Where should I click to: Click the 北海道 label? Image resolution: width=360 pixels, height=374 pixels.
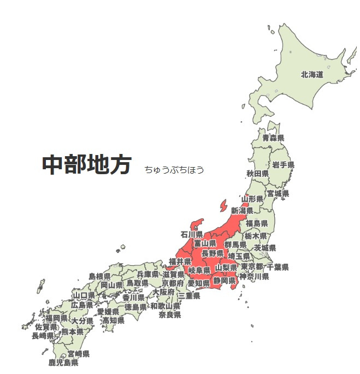pyautogui.click(x=312, y=74)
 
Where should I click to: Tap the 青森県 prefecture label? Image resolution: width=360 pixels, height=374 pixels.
pyautogui.click(x=273, y=138)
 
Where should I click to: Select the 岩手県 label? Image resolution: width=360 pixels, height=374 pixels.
pyautogui.click(x=284, y=164)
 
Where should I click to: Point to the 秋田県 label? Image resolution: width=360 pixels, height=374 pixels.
pyautogui.click(x=257, y=174)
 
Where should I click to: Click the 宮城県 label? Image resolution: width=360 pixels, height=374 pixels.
pyautogui.click(x=278, y=193)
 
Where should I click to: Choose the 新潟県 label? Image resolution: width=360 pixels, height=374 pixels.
pyautogui.click(x=242, y=210)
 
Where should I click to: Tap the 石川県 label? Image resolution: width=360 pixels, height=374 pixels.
pyautogui.click(x=192, y=234)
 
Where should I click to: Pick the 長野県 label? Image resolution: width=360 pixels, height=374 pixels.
pyautogui.click(x=213, y=253)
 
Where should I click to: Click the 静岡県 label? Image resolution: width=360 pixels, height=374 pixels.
pyautogui.click(x=224, y=280)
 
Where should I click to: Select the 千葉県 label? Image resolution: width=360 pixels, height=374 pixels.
pyautogui.click(x=278, y=267)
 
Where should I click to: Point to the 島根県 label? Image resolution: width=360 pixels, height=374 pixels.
pyautogui.click(x=99, y=277)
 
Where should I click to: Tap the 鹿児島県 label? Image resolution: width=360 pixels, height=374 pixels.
pyautogui.click(x=63, y=363)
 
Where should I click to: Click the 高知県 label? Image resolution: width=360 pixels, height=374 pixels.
pyautogui.click(x=114, y=320)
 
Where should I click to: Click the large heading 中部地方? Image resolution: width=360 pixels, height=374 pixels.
pyautogui.click(x=87, y=164)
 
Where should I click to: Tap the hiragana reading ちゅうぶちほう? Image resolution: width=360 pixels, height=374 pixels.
pyautogui.click(x=174, y=170)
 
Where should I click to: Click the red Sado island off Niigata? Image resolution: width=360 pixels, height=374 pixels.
pyautogui.click(x=223, y=206)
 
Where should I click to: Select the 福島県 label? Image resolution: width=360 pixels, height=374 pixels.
pyautogui.click(x=257, y=223)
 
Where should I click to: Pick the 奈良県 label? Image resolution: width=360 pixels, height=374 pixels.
pyautogui.click(x=170, y=315)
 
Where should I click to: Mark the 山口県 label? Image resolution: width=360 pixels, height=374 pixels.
pyautogui.click(x=84, y=295)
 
